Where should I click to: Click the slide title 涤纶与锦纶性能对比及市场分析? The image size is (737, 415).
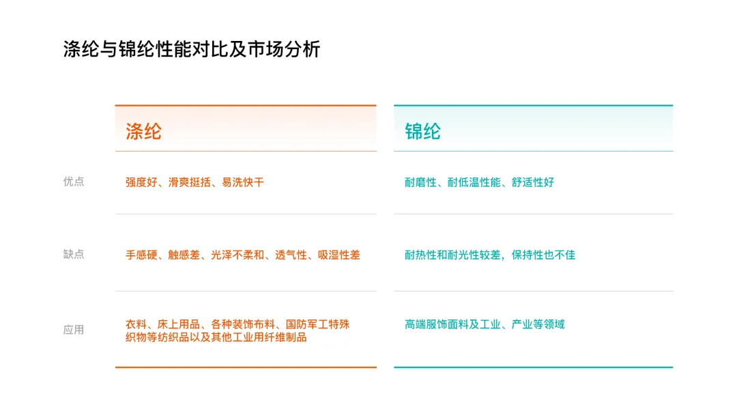192,50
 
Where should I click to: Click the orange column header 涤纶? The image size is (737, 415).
143,131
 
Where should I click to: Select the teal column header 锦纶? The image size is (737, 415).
422,131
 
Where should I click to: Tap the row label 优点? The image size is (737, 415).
74,182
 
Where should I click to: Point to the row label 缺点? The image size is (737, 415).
74,254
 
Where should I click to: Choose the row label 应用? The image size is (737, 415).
74,330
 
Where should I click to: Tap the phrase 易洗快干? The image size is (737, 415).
243,182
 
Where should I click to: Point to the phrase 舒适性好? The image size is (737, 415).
533,182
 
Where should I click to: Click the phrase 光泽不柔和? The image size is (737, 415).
237,255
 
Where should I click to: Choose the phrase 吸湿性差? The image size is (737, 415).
339,255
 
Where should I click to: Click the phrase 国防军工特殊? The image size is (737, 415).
317,324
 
